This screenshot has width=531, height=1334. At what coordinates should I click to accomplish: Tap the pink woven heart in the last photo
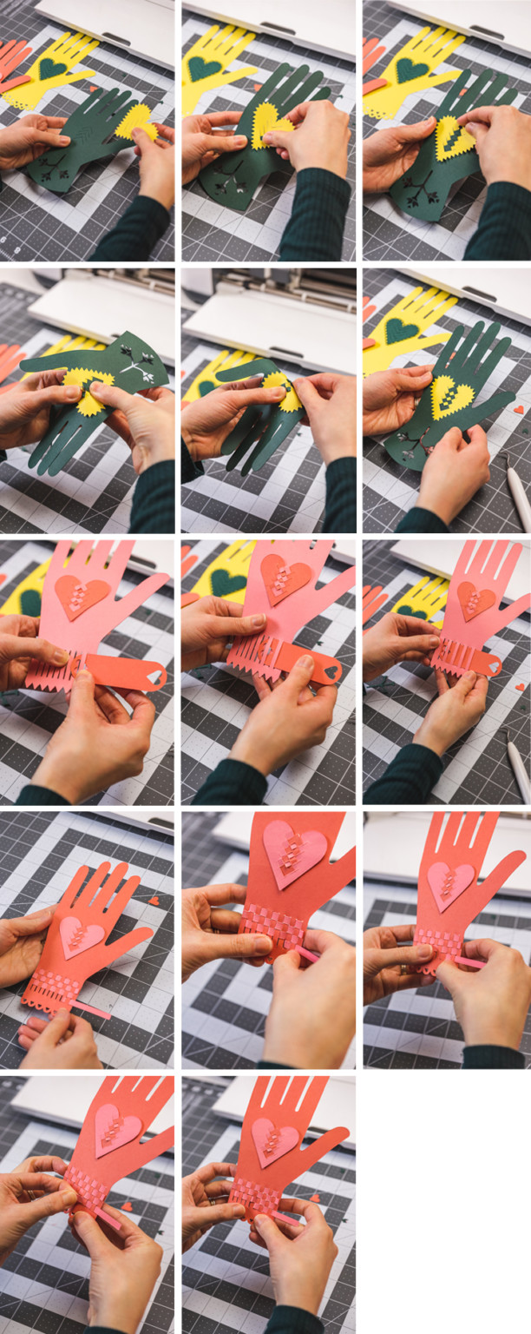pos(275,1139)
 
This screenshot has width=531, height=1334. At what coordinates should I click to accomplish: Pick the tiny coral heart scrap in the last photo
pos(314,1198)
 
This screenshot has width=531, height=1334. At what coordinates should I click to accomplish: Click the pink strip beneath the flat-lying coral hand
pos(91,1009)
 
